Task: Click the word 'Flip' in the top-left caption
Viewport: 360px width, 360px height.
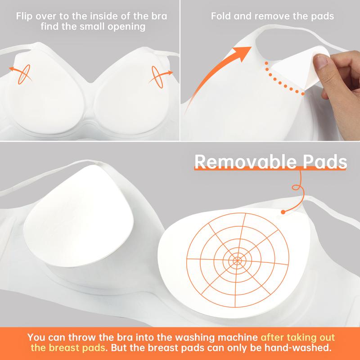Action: tap(25, 17)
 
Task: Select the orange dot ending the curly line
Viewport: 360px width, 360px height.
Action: tap(283, 211)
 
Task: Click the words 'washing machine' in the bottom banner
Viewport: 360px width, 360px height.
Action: tap(225, 336)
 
